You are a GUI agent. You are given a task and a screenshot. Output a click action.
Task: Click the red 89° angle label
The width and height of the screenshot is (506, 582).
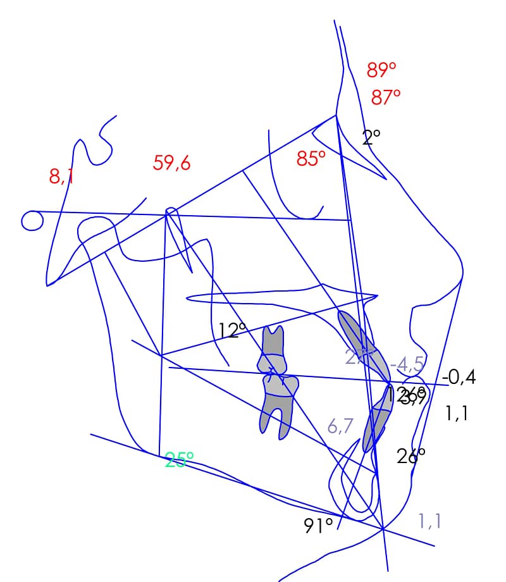pyautogui.click(x=381, y=70)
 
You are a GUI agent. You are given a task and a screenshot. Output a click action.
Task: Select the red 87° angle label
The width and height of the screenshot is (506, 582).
pyautogui.click(x=386, y=97)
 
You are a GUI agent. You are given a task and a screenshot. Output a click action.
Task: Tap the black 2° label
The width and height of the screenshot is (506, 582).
pyautogui.click(x=371, y=137)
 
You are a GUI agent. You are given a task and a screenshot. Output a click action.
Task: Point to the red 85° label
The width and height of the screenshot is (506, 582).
pyautogui.click(x=311, y=158)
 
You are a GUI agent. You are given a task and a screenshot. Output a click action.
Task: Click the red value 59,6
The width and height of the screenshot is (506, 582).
pyautogui.click(x=171, y=163)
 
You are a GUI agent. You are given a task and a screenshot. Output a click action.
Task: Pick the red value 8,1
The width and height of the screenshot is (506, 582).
pyautogui.click(x=61, y=176)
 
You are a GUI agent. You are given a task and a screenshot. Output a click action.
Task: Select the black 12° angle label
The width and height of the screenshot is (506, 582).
pyautogui.click(x=232, y=330)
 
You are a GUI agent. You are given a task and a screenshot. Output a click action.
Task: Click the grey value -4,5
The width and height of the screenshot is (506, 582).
pyautogui.click(x=407, y=365)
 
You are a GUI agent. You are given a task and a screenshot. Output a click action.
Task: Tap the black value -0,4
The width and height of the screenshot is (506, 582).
pyautogui.click(x=459, y=378)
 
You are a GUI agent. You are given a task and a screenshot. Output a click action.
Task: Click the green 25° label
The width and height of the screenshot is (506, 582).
pyautogui.click(x=179, y=461)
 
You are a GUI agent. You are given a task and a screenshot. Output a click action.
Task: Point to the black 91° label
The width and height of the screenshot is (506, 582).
pyautogui.click(x=319, y=526)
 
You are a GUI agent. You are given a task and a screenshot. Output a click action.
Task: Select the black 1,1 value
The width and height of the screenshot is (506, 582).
pyautogui.click(x=457, y=414)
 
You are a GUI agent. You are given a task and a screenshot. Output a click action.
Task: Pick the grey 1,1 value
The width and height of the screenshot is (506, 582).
pyautogui.click(x=429, y=521)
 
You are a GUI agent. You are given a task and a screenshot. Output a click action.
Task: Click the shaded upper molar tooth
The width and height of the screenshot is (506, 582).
pyautogui.click(x=273, y=350)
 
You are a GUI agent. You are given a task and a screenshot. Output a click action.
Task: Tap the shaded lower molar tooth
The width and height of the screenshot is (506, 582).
pyautogui.click(x=277, y=405)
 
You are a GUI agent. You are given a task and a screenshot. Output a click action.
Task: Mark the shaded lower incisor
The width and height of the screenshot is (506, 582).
pyautogui.click(x=376, y=419)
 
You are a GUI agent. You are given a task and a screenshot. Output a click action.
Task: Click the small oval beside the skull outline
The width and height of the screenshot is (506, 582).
pyautogui.click(x=32, y=221)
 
